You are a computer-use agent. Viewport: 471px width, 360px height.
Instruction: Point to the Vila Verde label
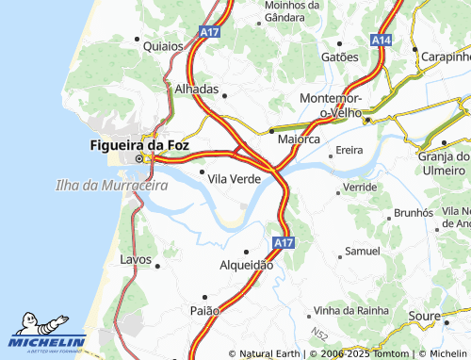click(x=234, y=179)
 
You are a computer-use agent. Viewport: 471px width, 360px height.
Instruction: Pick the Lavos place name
click(x=136, y=258)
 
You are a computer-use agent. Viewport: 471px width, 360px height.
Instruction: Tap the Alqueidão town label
click(x=246, y=265)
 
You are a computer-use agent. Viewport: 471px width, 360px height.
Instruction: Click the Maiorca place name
click(x=299, y=139)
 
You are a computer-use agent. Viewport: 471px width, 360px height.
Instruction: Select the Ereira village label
click(x=349, y=150)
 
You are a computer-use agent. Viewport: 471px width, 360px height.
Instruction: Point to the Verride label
click(x=360, y=188)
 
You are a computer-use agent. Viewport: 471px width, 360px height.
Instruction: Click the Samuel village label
click(x=363, y=252)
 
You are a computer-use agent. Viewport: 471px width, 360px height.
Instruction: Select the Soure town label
click(x=424, y=316)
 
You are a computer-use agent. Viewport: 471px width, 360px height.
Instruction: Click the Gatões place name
click(x=340, y=57)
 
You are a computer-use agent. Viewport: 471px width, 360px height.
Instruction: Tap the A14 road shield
click(x=381, y=41)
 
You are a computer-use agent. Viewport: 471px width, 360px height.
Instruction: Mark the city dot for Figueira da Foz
click(x=139, y=159)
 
